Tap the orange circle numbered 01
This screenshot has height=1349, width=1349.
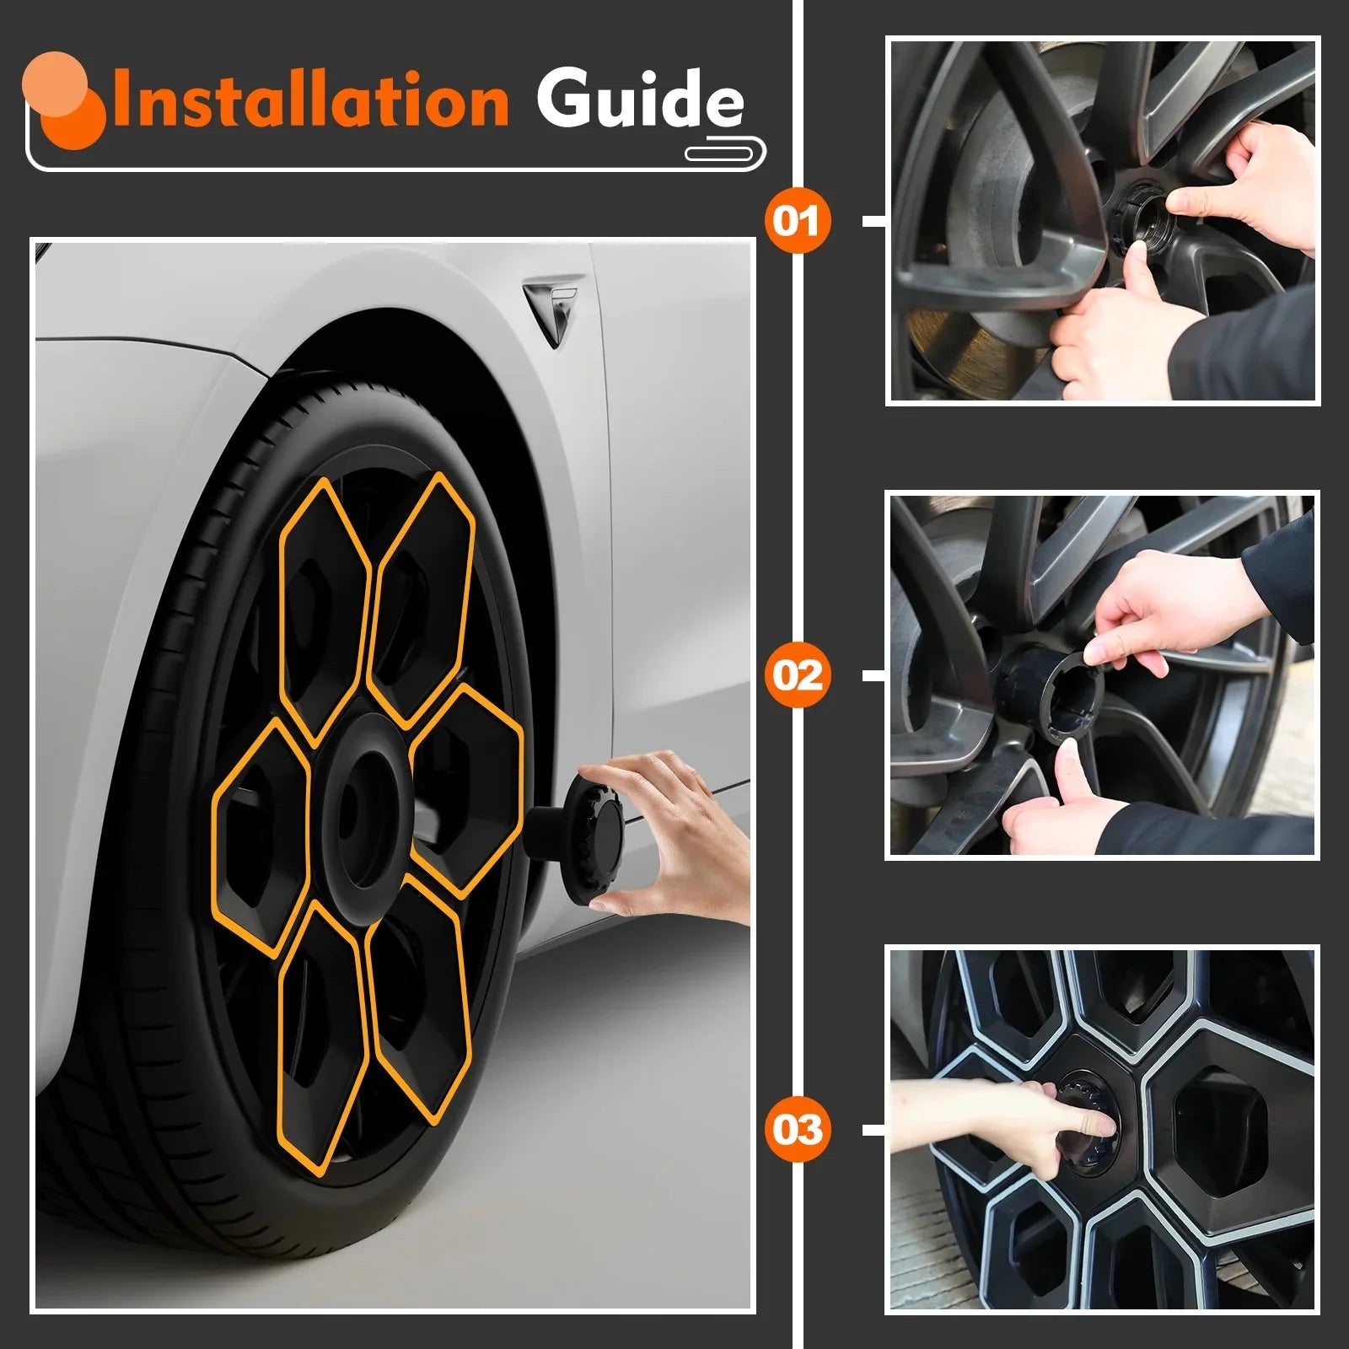797,221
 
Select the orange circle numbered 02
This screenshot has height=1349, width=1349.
797,675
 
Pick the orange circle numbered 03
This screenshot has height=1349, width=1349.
797,1129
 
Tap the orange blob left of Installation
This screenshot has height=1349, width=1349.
64,98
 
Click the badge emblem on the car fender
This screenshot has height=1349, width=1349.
552,308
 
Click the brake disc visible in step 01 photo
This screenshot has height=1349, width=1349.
1003,160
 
